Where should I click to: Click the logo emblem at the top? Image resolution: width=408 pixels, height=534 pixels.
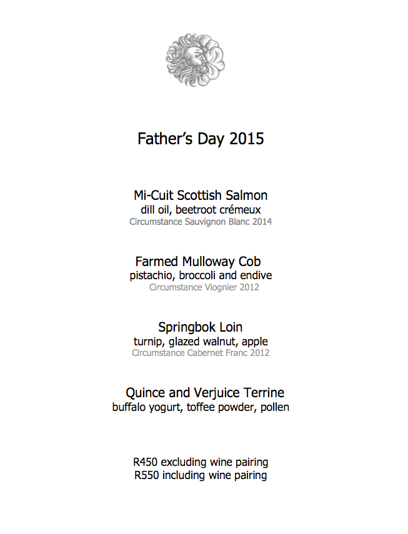[x=195, y=60]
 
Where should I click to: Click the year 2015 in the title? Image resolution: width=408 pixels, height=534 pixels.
[x=247, y=139]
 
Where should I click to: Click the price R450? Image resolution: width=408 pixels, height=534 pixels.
[x=146, y=462]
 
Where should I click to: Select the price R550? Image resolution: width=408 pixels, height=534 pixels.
[x=147, y=475]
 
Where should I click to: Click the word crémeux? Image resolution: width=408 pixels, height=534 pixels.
[x=239, y=210]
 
